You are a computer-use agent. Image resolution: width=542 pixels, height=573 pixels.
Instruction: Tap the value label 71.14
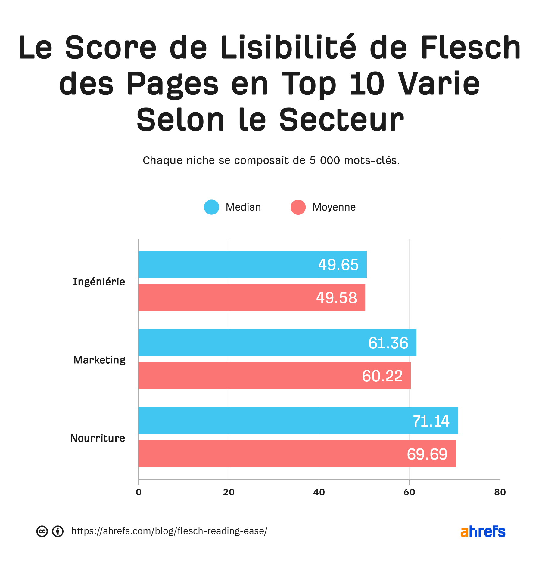click(431, 421)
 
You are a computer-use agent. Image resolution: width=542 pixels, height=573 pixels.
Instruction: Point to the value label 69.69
click(427, 454)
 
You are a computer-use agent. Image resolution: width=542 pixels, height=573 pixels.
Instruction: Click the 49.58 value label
click(336, 298)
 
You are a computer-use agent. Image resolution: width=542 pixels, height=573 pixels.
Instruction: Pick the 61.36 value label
click(388, 343)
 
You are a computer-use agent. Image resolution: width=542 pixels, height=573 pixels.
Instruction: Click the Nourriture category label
click(98, 438)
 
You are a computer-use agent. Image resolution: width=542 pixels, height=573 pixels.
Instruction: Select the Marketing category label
click(99, 360)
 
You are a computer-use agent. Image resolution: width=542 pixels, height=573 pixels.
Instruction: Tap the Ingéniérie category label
click(99, 282)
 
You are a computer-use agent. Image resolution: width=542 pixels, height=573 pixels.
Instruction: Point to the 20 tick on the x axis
click(229, 492)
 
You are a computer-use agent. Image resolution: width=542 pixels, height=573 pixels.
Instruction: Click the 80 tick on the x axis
click(500, 492)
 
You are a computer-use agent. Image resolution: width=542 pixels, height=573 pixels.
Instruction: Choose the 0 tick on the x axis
click(139, 492)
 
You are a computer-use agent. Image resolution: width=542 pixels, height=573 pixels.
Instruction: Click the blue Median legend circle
click(211, 207)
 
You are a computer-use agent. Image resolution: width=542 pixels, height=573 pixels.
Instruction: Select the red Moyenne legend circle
click(298, 207)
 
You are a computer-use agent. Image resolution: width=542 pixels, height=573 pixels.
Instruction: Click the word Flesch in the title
click(471, 48)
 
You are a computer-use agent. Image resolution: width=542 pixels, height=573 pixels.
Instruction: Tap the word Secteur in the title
click(341, 120)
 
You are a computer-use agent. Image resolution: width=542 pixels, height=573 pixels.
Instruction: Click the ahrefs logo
click(483, 531)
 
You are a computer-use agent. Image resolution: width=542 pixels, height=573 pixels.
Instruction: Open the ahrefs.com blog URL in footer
click(169, 531)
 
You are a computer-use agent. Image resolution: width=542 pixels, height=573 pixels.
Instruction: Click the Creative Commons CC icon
click(42, 531)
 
